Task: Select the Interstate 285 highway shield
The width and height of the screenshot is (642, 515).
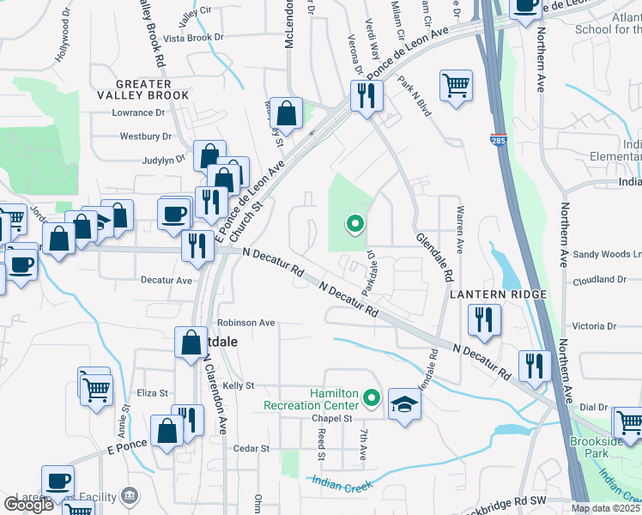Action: (x=498, y=138)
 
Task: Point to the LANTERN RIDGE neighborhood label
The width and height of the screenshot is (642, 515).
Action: (x=499, y=294)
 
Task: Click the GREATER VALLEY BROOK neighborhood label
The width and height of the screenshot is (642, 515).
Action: (x=143, y=89)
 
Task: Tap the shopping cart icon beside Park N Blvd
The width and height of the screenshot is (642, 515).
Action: (x=457, y=85)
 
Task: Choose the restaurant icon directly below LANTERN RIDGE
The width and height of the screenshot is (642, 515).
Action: (x=484, y=320)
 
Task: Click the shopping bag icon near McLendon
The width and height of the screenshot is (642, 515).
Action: (x=287, y=112)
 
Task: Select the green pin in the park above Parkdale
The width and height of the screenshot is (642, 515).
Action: (x=354, y=225)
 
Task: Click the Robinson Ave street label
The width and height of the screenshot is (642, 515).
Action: (x=245, y=324)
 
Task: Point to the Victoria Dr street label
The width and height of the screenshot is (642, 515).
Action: (x=594, y=326)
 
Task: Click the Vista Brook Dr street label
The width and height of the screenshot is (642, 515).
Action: (x=193, y=38)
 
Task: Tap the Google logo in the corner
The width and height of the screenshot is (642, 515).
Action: (x=28, y=505)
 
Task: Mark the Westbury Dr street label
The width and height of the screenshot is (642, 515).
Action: (x=141, y=136)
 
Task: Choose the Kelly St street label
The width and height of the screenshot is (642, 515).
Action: (x=239, y=387)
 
